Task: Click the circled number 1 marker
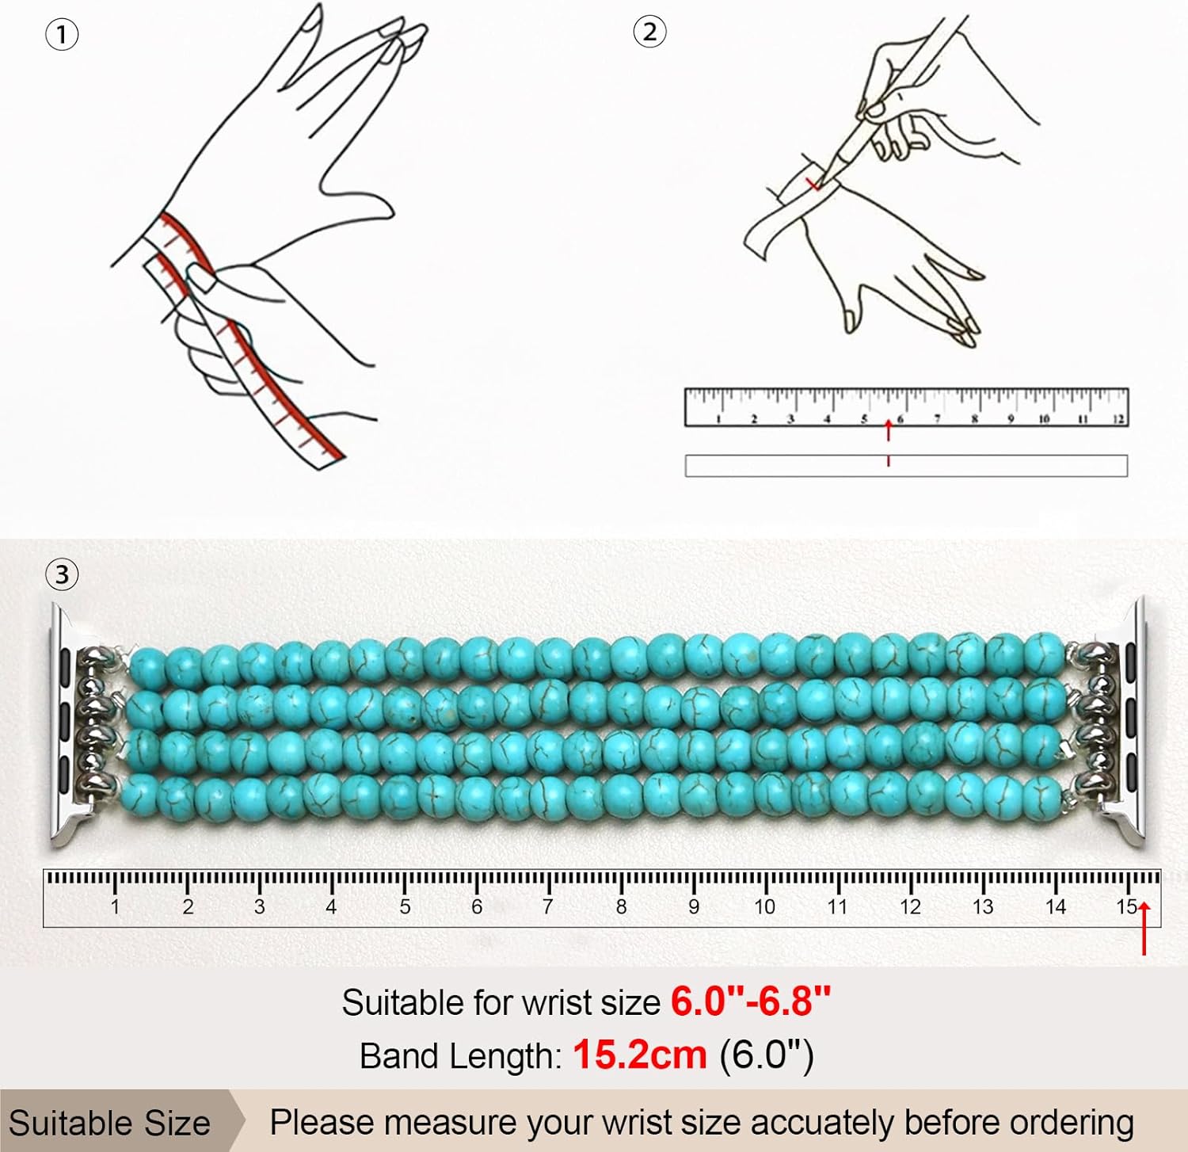pyautogui.click(x=62, y=36)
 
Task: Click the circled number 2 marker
pyautogui.click(x=649, y=32)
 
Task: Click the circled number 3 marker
pyautogui.click(x=63, y=574)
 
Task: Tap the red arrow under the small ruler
pyautogui.click(x=889, y=431)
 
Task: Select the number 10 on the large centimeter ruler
pyautogui.click(x=764, y=907)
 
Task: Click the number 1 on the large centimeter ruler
pyautogui.click(x=115, y=907)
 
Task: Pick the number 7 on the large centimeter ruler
pyautogui.click(x=547, y=907)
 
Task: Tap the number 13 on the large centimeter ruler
pyautogui.click(x=982, y=907)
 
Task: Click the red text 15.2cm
pyautogui.click(x=639, y=1055)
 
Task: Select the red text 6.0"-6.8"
pyautogui.click(x=751, y=1001)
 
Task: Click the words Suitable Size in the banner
pyautogui.click(x=110, y=1123)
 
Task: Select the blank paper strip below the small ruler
pyautogui.click(x=906, y=466)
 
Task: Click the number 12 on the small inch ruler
pyautogui.click(x=1118, y=419)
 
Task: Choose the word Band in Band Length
pyautogui.click(x=396, y=1056)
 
